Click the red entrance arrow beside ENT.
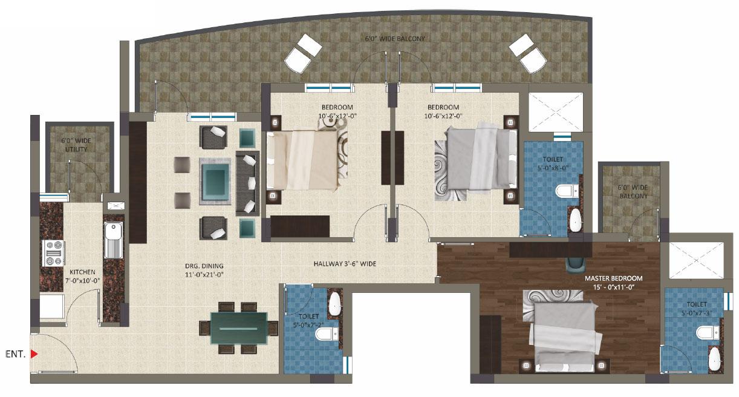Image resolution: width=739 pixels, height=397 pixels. click(x=34, y=354)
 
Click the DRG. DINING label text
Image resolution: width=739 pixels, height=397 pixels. click(x=204, y=266)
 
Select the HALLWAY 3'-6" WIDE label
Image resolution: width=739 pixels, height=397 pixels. click(x=345, y=264)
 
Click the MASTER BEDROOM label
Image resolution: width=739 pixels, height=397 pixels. click(x=613, y=278)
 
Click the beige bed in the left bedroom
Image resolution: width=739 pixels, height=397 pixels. click(x=302, y=160)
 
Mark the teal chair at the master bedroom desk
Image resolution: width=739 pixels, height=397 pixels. click(x=575, y=263)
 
